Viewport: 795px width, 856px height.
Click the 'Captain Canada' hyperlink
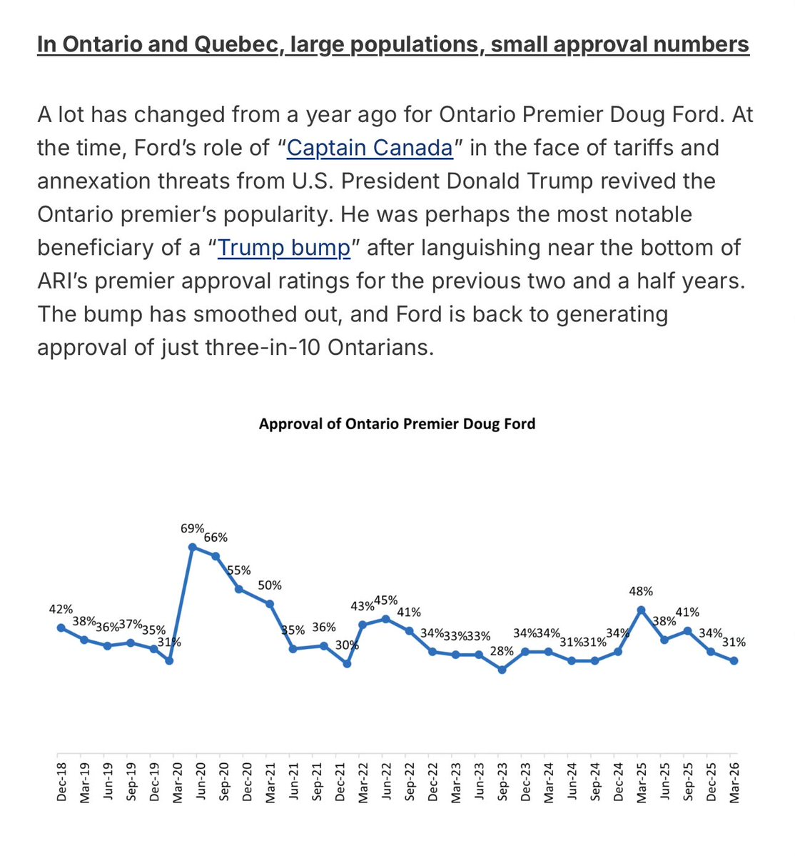tap(369, 148)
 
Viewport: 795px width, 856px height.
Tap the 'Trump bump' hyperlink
tap(283, 248)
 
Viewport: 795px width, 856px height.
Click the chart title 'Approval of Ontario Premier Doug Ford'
tap(397, 424)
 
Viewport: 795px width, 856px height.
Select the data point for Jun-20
tap(193, 548)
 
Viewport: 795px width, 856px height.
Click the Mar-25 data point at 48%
tap(642, 609)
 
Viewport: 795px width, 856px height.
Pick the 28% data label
tap(502, 650)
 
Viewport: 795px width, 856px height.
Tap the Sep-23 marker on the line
tap(502, 670)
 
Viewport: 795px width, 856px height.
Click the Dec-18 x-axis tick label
tap(61, 781)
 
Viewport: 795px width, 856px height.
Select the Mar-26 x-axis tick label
tap(734, 781)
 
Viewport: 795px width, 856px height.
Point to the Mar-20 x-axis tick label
tap(178, 781)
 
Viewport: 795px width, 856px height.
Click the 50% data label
tap(270, 585)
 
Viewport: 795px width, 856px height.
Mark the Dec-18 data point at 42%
tap(61, 628)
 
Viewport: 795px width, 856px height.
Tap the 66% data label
tap(216, 538)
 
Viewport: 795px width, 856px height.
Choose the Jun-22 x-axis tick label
tap(386, 781)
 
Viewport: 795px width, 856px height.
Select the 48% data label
tap(641, 591)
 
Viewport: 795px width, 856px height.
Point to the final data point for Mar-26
tap(734, 661)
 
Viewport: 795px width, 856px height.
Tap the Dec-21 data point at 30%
tap(347, 664)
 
